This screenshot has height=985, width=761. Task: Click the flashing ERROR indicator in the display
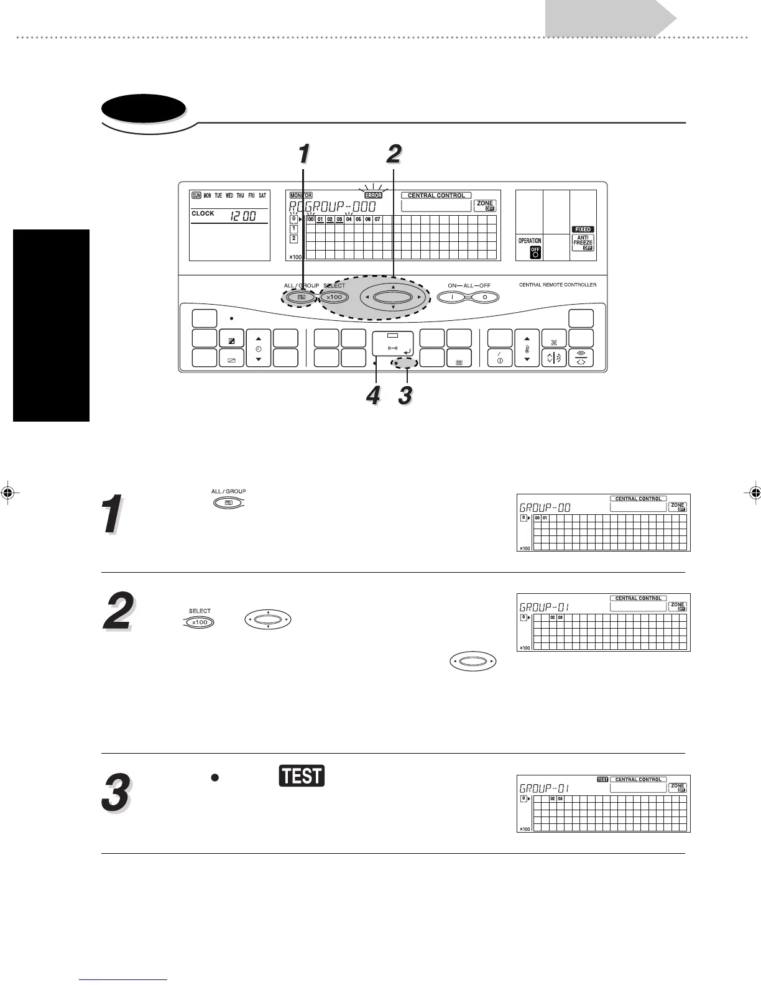click(373, 195)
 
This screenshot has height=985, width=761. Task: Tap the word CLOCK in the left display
click(203, 213)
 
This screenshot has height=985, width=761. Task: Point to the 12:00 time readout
click(243, 216)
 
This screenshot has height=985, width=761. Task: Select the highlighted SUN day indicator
click(196, 195)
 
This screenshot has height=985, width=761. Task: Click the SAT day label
click(262, 195)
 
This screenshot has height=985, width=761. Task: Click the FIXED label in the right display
click(583, 229)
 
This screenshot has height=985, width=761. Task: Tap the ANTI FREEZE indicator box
click(583, 243)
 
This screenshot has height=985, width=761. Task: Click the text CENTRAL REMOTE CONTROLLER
click(558, 285)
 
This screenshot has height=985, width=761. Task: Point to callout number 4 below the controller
click(373, 395)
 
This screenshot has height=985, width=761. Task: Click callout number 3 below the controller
click(405, 395)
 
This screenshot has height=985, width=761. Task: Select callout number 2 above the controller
click(394, 154)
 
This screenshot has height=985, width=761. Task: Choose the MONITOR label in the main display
click(301, 195)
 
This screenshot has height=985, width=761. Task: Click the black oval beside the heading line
click(144, 110)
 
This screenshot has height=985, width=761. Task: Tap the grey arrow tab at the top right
click(610, 18)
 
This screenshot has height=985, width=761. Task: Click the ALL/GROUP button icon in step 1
click(228, 502)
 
